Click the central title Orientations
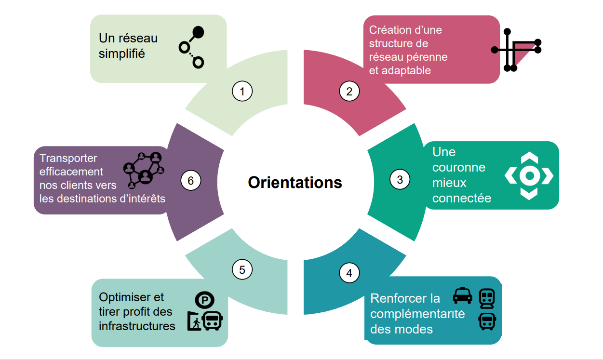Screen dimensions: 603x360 [x=295, y=183]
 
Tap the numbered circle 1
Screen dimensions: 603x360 [x=242, y=91]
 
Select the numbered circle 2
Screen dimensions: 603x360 [x=349, y=91]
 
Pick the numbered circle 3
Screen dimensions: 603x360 [x=400, y=179]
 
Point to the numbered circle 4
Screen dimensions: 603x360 [x=349, y=273]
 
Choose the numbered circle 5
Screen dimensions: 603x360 [x=242, y=269]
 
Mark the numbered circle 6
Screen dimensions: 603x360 [x=190, y=181]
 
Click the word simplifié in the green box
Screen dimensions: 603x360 [x=121, y=53]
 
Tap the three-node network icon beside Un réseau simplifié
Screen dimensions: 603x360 [x=192, y=47]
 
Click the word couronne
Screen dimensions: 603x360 [x=459, y=167]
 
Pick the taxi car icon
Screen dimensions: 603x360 [x=462, y=295]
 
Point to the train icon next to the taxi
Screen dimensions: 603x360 [x=487, y=298]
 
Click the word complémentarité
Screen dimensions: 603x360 [x=417, y=314]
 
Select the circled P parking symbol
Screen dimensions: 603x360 [x=204, y=300]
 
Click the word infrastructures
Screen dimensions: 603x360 [x=137, y=326]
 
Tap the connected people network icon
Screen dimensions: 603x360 [x=144, y=170]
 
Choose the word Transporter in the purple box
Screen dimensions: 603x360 [x=68, y=158]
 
